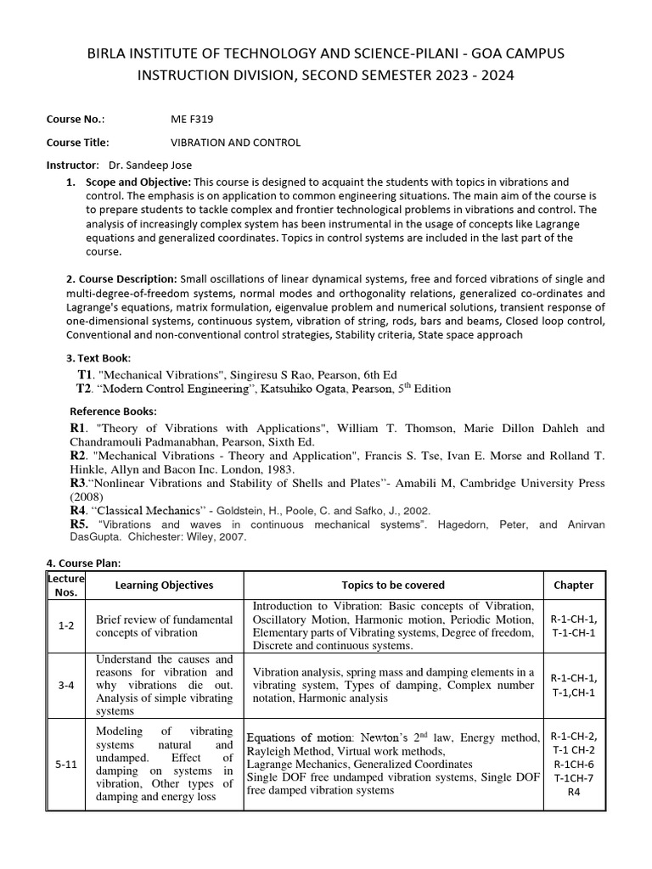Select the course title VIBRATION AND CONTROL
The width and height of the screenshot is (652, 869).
click(x=235, y=143)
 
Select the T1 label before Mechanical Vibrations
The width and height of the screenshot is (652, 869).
click(x=83, y=374)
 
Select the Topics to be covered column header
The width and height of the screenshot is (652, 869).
click(x=393, y=585)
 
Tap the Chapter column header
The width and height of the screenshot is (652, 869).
click(x=573, y=585)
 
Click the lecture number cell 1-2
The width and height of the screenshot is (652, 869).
click(x=66, y=625)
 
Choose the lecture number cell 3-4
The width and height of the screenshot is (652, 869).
click(x=66, y=685)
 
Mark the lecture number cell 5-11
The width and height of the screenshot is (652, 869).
click(x=66, y=764)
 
